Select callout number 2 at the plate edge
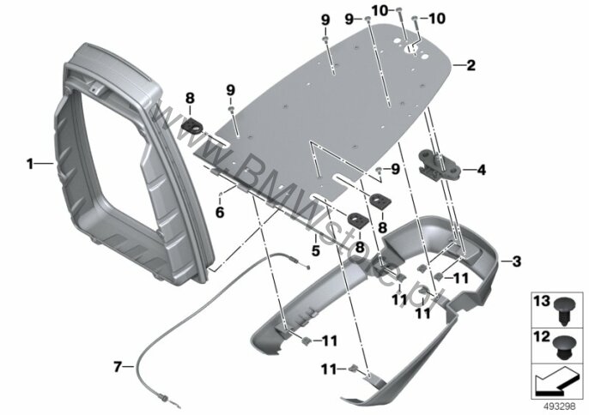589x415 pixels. [x=470, y=64]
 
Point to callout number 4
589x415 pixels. [x=481, y=170]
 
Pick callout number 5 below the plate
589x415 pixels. [x=316, y=250]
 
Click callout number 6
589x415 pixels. [x=220, y=212]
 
